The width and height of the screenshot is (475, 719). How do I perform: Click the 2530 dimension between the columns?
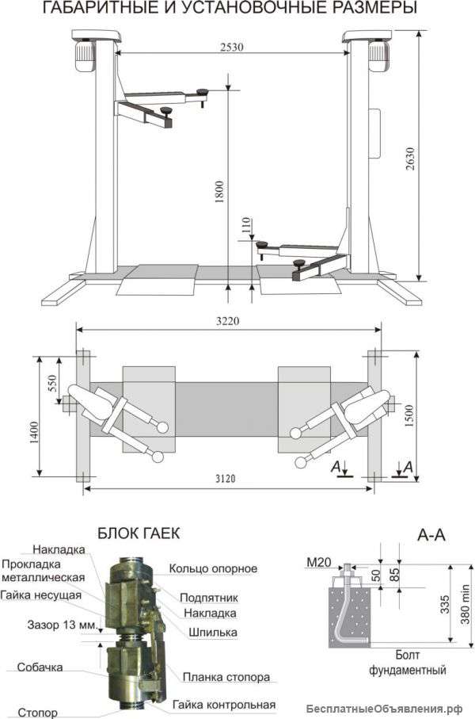pyautogui.click(x=232, y=47)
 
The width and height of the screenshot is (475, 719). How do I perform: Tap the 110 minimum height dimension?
pyautogui.click(x=246, y=227)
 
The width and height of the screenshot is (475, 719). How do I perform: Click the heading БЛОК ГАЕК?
pyautogui.click(x=139, y=534)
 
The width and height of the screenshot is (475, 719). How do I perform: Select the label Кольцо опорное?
pyautogui.click(x=213, y=568)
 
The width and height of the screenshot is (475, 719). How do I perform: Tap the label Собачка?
pyautogui.click(x=40, y=667)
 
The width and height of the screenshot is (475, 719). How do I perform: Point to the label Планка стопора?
pyautogui.click(x=226, y=677)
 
